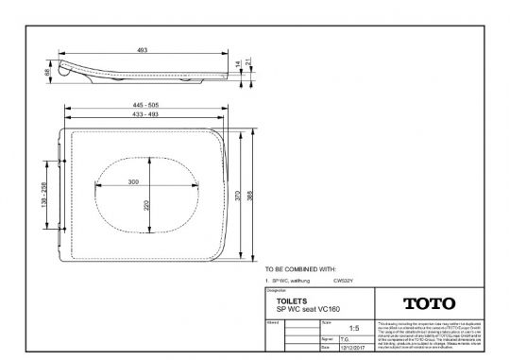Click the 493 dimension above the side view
(143, 49)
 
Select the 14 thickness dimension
(238, 64)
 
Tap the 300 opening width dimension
(133, 180)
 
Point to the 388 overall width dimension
(250, 193)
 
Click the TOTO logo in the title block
(429, 303)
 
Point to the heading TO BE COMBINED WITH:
(300, 269)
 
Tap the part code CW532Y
(345, 281)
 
